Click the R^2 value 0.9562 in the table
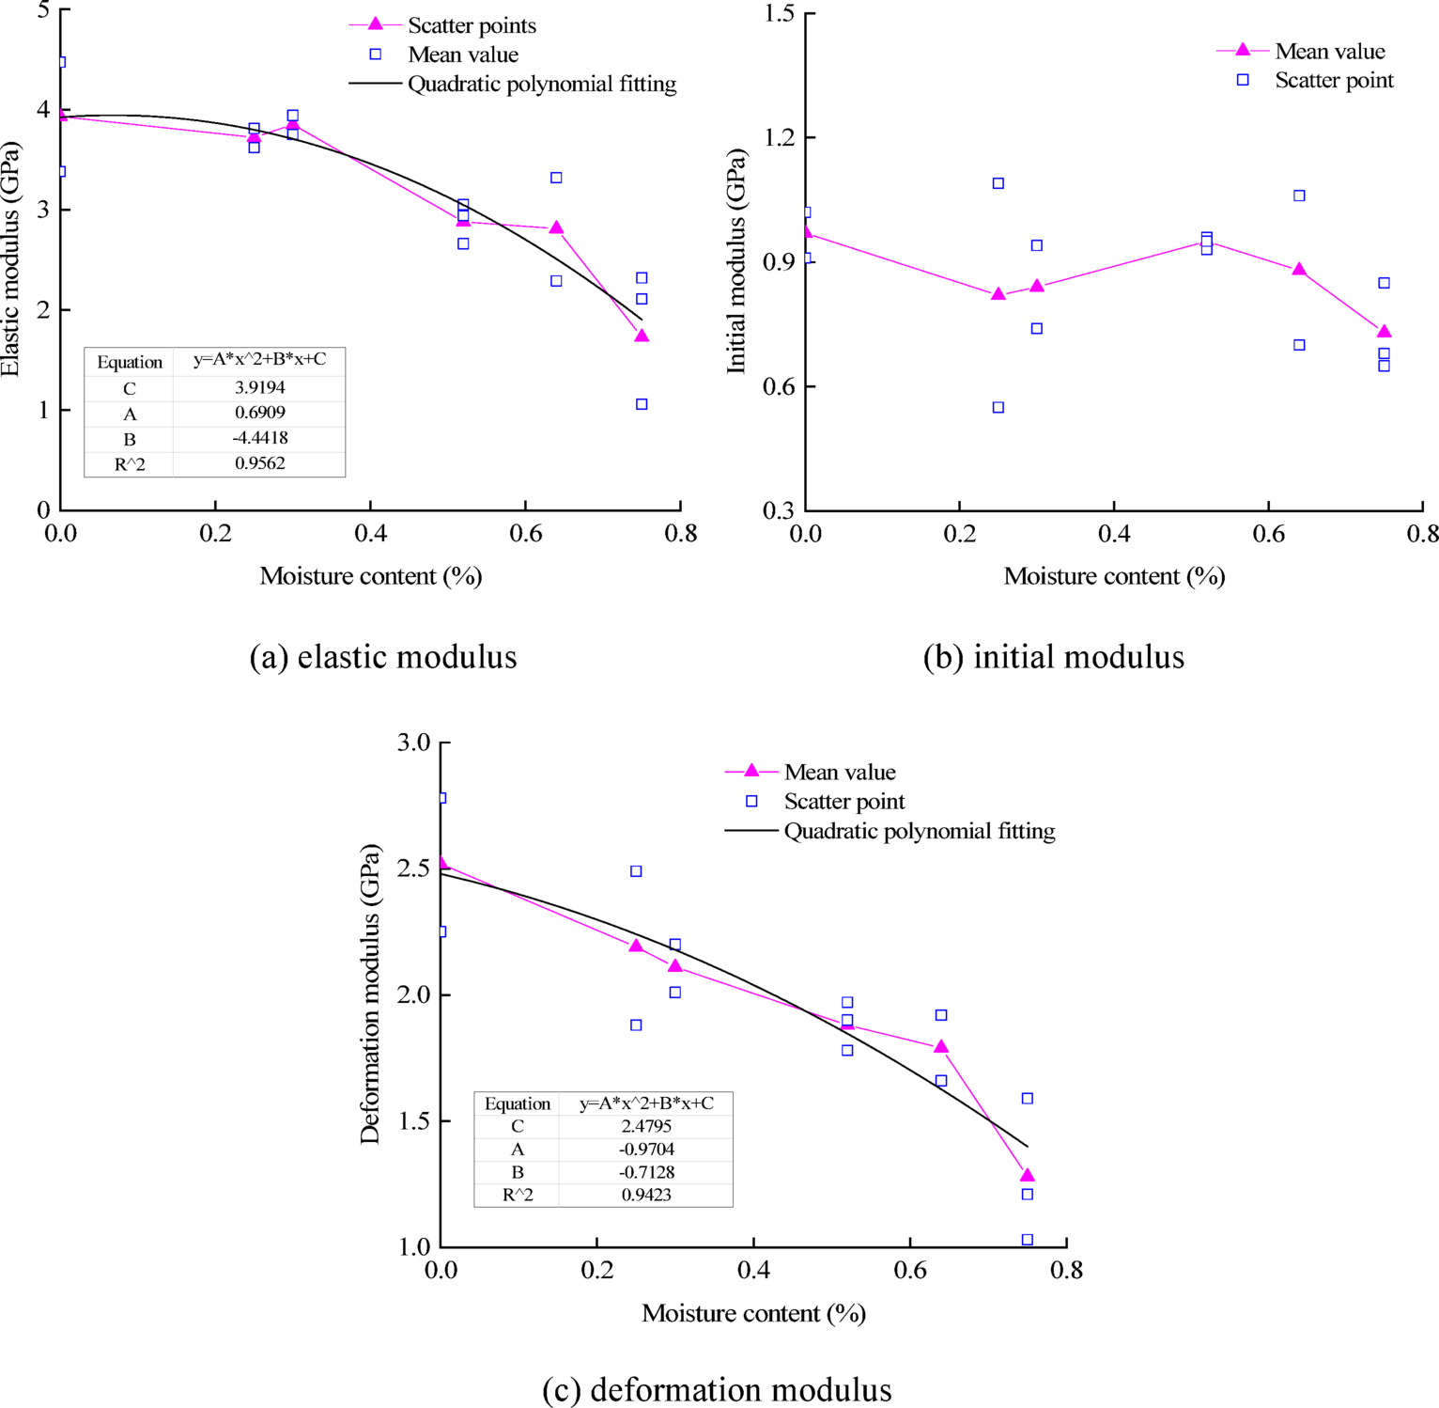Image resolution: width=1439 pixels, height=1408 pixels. [259, 463]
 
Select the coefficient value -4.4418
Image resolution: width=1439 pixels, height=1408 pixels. [259, 438]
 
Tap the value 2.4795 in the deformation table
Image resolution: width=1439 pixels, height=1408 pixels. [646, 1126]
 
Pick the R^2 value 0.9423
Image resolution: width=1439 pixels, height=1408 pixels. [646, 1195]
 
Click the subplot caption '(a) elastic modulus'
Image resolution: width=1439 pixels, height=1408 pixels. [383, 657]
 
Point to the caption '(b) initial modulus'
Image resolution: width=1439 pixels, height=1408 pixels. [1053, 657]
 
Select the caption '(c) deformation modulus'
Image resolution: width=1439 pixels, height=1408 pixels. [717, 1389]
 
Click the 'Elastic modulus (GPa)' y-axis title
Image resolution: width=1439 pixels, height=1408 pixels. [11, 259]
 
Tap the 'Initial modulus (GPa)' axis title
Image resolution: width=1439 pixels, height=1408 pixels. [736, 261]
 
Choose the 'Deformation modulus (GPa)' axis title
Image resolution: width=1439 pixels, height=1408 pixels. [370, 993]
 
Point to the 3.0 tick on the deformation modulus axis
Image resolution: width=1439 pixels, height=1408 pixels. [412, 743]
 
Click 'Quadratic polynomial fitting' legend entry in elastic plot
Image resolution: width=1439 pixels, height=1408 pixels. [541, 85]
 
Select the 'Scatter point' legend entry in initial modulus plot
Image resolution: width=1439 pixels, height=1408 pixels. [1333, 81]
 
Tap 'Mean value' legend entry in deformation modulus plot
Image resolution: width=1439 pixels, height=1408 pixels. [839, 773]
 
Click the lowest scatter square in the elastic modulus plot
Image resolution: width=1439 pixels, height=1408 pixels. [642, 404]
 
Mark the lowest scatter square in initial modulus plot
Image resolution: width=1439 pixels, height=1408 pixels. [998, 407]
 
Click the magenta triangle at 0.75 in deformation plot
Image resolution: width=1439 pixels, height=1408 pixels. [1028, 1175]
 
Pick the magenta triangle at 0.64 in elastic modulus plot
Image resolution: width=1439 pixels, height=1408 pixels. [556, 227]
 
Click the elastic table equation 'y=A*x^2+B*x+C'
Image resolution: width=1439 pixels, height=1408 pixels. [259, 360]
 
